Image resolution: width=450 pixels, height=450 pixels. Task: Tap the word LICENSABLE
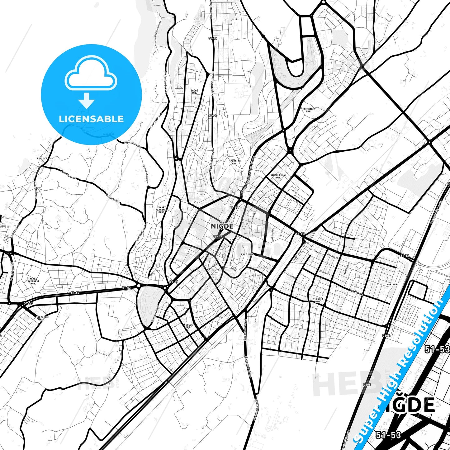click(91, 119)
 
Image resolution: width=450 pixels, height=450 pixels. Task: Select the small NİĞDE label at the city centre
click(222, 226)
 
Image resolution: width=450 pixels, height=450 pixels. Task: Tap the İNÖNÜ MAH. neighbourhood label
click(194, 92)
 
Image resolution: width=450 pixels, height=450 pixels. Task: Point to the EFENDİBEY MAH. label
click(309, 110)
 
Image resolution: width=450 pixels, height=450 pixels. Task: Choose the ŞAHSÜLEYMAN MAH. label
click(278, 176)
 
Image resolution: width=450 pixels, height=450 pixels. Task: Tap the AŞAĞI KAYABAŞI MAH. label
click(33, 281)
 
